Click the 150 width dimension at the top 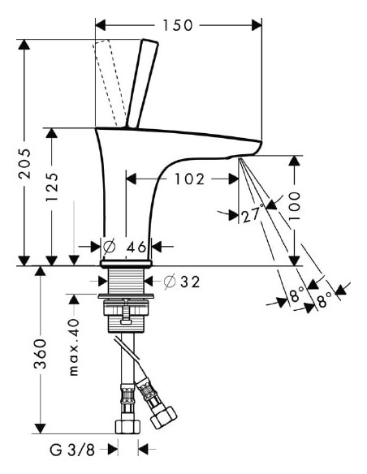click(x=178, y=25)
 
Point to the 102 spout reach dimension click(x=188, y=179)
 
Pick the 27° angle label click(x=251, y=215)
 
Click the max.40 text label click(x=72, y=347)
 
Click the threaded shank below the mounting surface click(x=127, y=283)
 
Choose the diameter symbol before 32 click(x=170, y=282)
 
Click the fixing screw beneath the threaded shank click(x=127, y=312)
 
